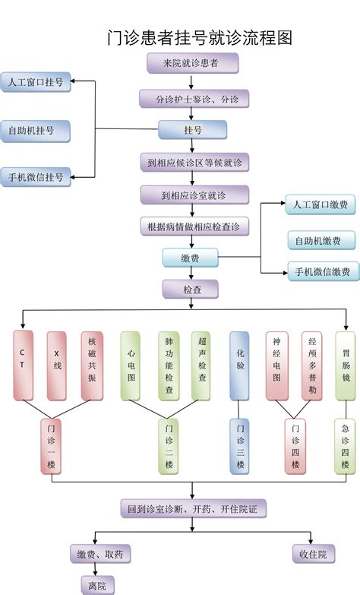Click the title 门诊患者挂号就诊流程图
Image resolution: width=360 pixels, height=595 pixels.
click(200, 38)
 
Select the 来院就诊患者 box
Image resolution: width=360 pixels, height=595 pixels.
click(192, 63)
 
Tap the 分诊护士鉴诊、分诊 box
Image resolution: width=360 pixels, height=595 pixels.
click(194, 99)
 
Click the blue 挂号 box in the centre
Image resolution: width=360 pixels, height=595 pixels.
click(192, 130)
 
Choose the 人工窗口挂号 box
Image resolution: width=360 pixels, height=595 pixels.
click(36, 82)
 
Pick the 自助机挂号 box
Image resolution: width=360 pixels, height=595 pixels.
click(35, 131)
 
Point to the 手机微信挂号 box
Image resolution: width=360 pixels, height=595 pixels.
click(36, 177)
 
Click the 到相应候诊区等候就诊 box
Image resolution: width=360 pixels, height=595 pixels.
click(194, 163)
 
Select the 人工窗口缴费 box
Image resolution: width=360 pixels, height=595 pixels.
click(321, 205)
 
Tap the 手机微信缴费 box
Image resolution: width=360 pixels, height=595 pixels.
click(324, 271)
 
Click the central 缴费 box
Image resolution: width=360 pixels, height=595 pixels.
click(191, 258)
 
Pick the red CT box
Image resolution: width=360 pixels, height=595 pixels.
click(23, 366)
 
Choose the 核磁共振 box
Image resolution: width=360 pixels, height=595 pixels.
click(92, 366)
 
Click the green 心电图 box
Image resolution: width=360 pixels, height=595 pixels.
click(131, 366)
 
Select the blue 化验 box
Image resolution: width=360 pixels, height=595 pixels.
click(239, 366)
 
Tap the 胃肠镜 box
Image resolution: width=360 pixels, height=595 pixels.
click(346, 366)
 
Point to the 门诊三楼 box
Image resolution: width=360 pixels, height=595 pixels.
click(239, 446)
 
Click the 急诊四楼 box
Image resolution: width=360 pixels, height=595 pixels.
click(345, 446)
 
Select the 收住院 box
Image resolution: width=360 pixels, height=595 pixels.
click(314, 554)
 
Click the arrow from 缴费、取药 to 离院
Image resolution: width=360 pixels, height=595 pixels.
click(95, 570)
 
